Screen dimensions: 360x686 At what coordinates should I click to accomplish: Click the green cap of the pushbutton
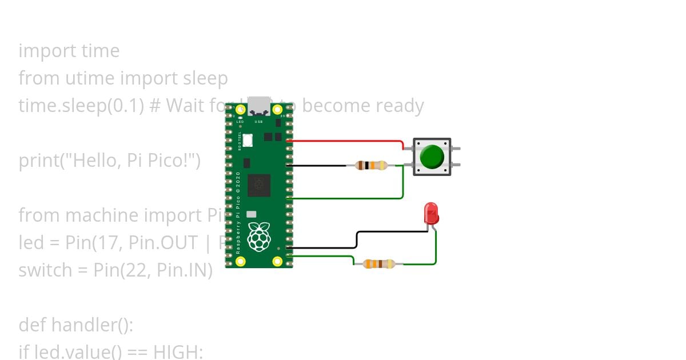coord(432,157)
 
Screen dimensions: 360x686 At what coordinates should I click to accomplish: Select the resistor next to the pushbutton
coord(371,166)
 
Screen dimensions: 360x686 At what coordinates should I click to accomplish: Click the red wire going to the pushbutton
coord(349,140)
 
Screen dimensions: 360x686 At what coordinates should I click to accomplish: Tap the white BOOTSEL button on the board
coord(248,139)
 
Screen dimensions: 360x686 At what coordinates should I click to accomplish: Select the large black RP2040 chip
coord(258,185)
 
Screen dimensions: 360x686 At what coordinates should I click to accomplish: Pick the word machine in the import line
coord(101,215)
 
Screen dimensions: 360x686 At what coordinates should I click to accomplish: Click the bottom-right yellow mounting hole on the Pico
coord(278,261)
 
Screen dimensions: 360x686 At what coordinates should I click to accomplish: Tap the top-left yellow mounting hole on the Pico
coord(240,109)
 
